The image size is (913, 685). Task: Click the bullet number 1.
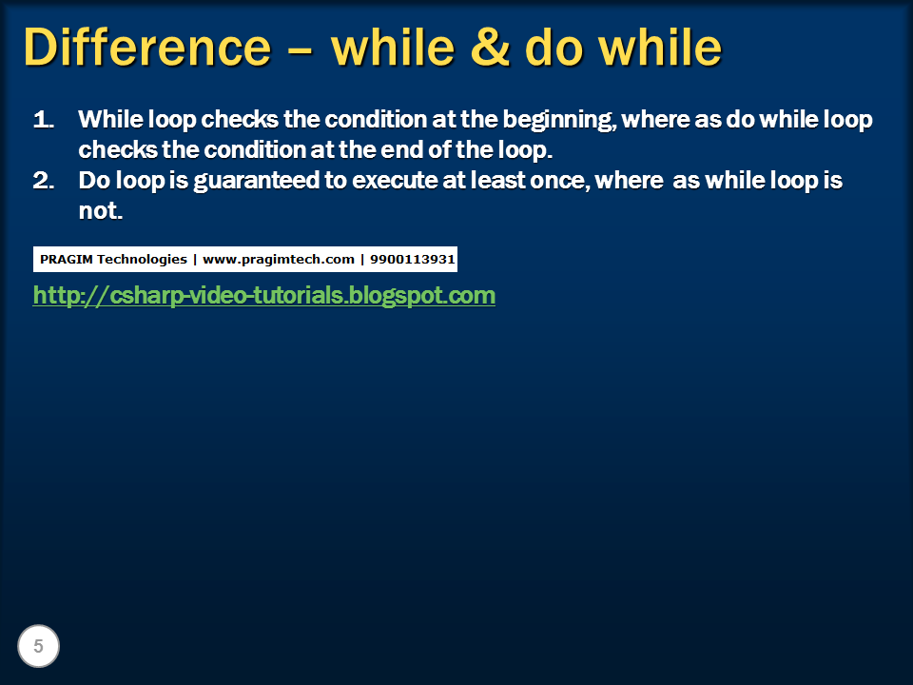point(44,120)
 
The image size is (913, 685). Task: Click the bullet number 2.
point(44,181)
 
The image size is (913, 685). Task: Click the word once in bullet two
point(557,181)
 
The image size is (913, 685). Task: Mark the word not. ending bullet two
point(101,211)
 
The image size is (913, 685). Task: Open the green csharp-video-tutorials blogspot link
point(264,295)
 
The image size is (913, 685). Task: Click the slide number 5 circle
point(38,647)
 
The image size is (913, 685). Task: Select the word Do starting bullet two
point(95,181)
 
